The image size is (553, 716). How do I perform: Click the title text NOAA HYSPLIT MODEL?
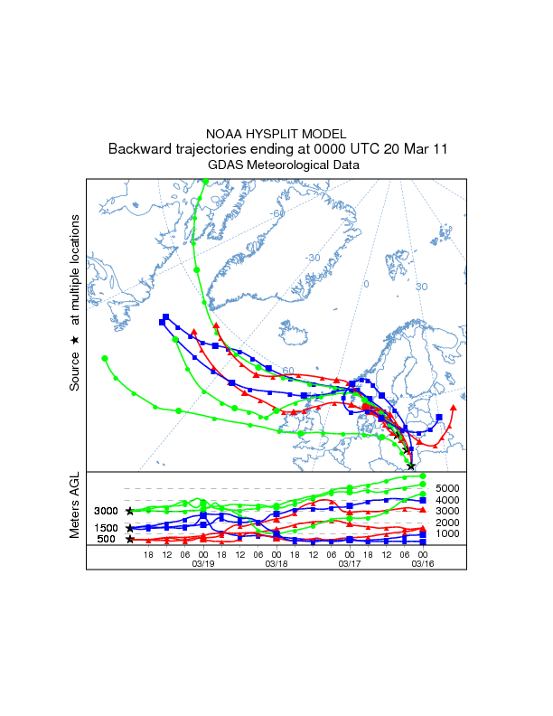(276, 133)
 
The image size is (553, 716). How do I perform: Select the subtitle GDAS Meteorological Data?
(276, 165)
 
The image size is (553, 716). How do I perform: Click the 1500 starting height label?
(107, 528)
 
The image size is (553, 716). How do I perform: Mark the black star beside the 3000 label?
(130, 512)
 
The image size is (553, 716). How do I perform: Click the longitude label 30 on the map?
(421, 287)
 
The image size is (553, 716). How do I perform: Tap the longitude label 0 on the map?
(366, 284)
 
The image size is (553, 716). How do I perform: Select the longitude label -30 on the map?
(313, 258)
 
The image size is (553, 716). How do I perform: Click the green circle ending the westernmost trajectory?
(105, 359)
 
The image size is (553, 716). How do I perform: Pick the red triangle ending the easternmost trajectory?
(453, 408)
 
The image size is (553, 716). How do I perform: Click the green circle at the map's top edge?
(206, 182)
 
